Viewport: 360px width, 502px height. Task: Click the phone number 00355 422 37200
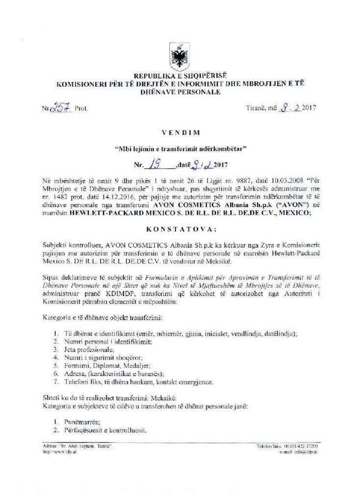pos(300,446)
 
